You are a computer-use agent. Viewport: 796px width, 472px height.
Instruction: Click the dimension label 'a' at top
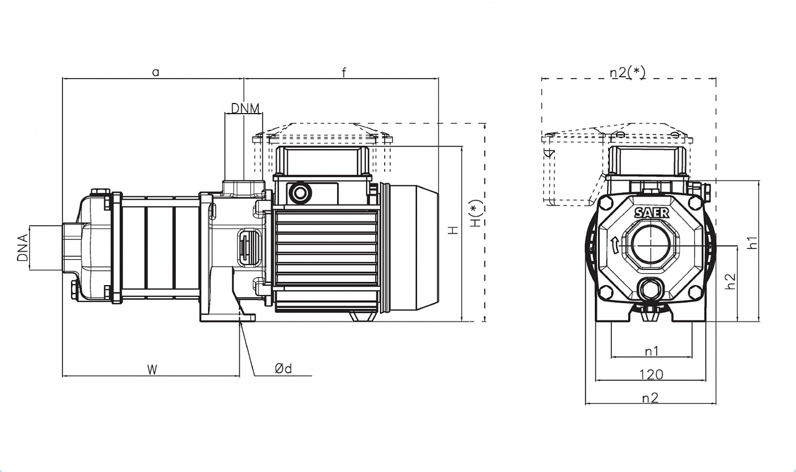pyautogui.click(x=155, y=73)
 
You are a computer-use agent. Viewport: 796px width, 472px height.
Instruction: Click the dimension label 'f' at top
pyautogui.click(x=344, y=72)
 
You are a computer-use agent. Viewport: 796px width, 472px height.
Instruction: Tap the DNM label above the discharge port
pyautogui.click(x=245, y=108)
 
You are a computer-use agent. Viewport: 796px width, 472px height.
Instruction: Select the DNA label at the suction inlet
pyautogui.click(x=22, y=248)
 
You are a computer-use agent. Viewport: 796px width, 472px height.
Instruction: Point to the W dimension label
pyautogui.click(x=152, y=370)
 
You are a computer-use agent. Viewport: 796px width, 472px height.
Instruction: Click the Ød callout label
pyautogui.click(x=283, y=368)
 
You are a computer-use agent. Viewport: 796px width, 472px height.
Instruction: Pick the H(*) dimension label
pyautogui.click(x=477, y=213)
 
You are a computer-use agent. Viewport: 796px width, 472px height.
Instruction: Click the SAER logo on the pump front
pyautogui.click(x=652, y=213)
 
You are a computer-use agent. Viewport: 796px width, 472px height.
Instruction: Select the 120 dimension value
pyautogui.click(x=651, y=375)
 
